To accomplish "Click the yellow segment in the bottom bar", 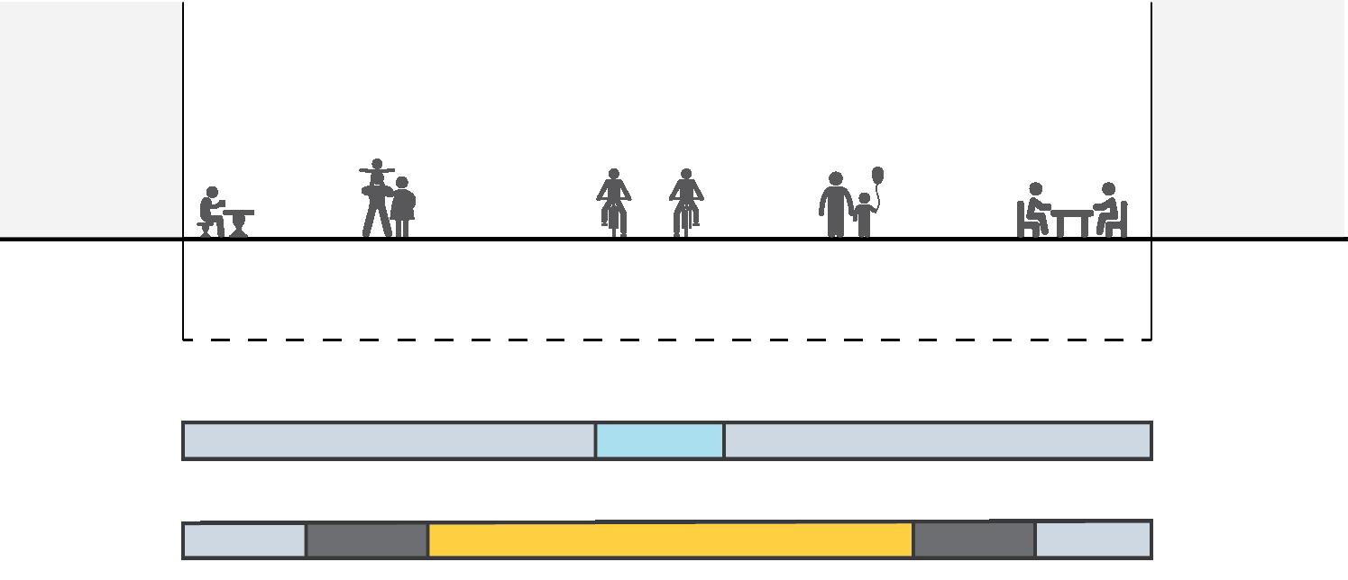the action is point(670,540).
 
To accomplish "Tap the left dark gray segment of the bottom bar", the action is point(366,540).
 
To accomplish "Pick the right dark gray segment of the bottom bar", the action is point(974,540).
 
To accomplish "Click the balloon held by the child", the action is point(878,175).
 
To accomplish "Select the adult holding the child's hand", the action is point(835,205).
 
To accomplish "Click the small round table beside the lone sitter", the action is point(239,222).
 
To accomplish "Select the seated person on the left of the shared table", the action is point(1036,209).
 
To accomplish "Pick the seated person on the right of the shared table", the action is point(1108,209).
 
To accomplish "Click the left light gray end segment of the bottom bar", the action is point(244,540).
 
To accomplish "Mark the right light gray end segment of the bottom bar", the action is point(1093,540).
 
